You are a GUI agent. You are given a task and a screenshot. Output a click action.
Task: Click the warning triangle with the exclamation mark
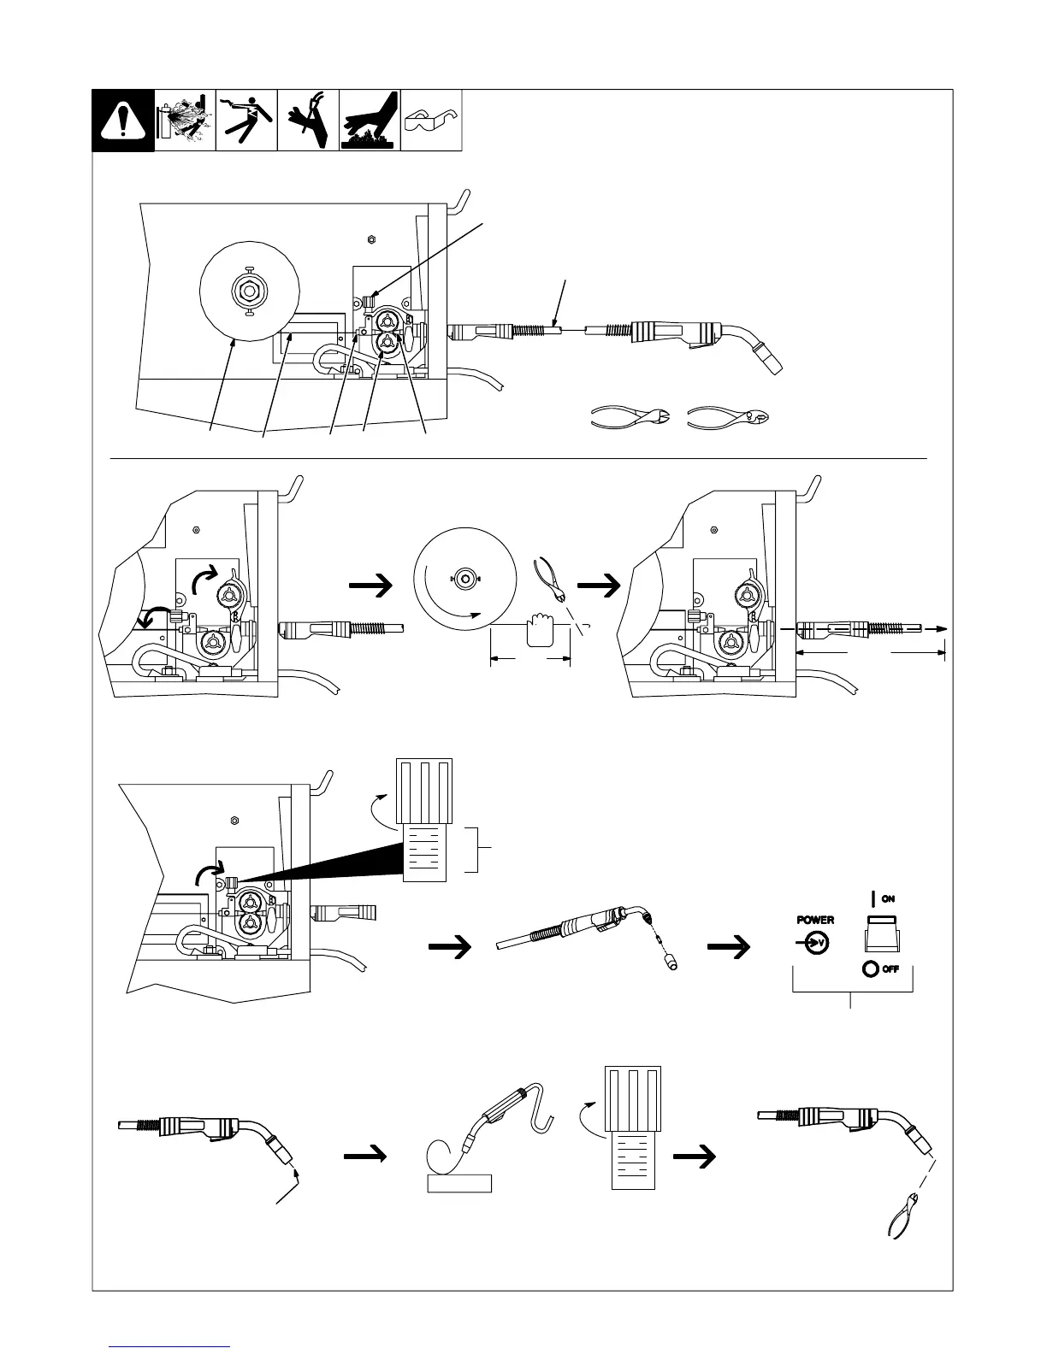coord(123,121)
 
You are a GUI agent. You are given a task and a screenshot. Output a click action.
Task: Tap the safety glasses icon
coord(432,121)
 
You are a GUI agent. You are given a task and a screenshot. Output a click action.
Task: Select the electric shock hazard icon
coord(246,121)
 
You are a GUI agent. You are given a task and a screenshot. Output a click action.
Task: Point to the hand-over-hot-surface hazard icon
coord(370,121)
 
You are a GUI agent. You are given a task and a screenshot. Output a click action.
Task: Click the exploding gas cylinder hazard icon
coord(185,121)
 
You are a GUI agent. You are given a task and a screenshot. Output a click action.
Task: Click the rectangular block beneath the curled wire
coord(459,1182)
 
